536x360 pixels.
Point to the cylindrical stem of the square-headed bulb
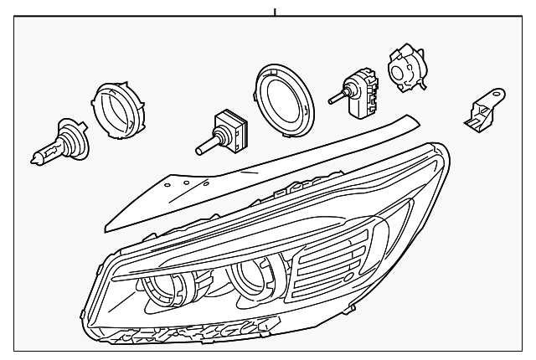click(x=205, y=147)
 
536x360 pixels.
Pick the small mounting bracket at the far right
click(x=484, y=108)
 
